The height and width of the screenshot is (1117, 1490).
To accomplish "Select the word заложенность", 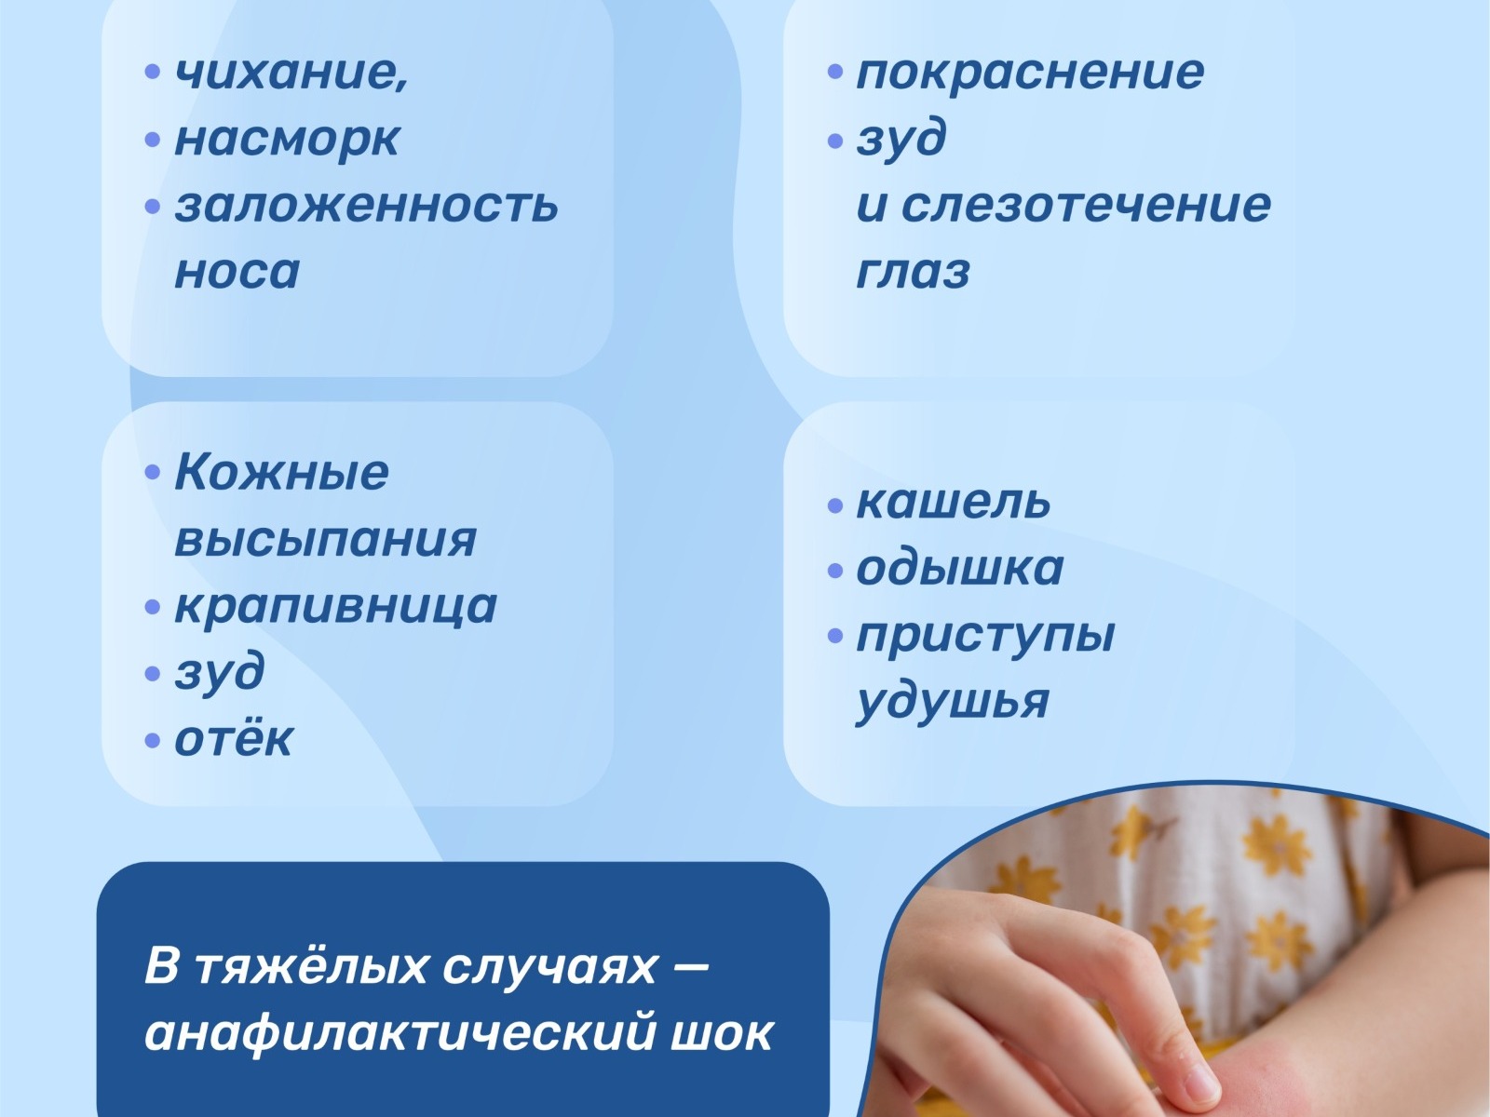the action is pyautogui.click(x=367, y=204).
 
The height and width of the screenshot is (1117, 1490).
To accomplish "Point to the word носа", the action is pyautogui.click(x=237, y=272).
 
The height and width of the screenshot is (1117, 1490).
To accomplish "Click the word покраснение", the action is pyautogui.click(x=1031, y=73).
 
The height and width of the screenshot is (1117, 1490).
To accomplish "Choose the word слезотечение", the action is pyautogui.click(x=1086, y=204).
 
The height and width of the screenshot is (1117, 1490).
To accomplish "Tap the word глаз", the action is pyautogui.click(x=913, y=272).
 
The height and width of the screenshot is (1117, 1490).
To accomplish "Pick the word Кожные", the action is pyautogui.click(x=282, y=471).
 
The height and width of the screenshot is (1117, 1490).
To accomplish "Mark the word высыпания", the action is pyautogui.click(x=326, y=539).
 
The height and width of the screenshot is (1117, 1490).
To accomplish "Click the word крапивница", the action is pyautogui.click(x=336, y=606).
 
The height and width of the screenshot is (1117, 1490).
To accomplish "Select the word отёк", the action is pyautogui.click(x=234, y=738).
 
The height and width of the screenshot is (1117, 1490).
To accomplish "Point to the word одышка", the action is pyautogui.click(x=960, y=568).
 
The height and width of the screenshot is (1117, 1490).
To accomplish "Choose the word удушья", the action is pyautogui.click(x=953, y=703).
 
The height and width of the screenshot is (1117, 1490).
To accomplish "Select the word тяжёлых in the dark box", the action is pyautogui.click(x=311, y=966).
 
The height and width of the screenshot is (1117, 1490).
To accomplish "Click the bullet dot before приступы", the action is pyautogui.click(x=835, y=636).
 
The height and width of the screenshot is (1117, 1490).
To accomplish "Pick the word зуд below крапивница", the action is pyautogui.click(x=219, y=673).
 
